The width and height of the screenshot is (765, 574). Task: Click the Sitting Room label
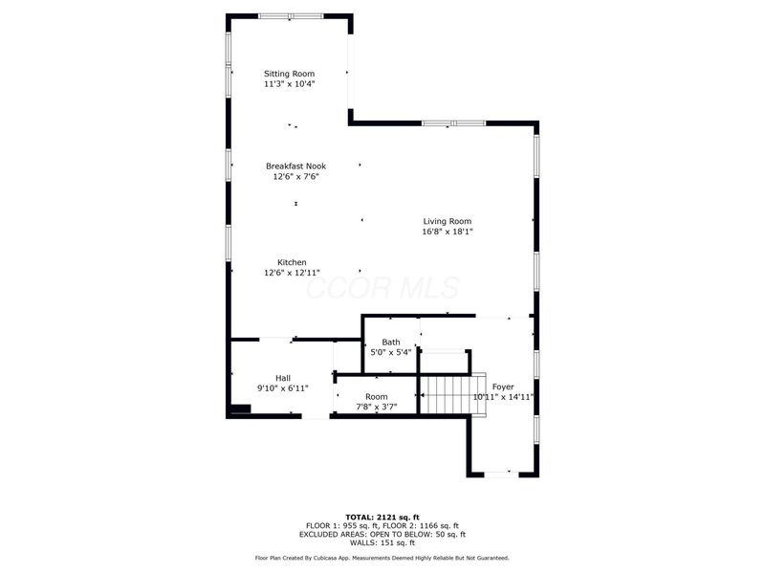[x=289, y=74]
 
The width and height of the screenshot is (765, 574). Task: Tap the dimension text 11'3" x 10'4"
[x=289, y=84]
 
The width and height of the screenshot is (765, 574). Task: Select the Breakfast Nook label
[x=295, y=166]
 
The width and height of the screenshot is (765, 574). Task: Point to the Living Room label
[x=448, y=222]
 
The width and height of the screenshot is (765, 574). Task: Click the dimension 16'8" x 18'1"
[x=448, y=232]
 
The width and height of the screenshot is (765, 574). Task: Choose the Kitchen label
[x=292, y=262]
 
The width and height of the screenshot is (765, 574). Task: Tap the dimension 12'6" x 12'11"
[x=292, y=273]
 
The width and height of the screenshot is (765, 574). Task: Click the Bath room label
[x=391, y=342]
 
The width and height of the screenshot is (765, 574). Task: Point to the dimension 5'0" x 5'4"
[x=391, y=353]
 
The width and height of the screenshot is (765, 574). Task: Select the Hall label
[x=283, y=378]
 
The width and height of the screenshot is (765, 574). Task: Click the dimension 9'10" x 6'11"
[x=283, y=388]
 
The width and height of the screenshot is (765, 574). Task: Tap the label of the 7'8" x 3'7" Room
[x=376, y=397]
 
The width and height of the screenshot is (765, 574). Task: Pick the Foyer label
[x=503, y=386]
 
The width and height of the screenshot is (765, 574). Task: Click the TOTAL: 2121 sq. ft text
[x=382, y=517]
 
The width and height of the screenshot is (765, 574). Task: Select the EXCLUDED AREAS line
[x=382, y=534]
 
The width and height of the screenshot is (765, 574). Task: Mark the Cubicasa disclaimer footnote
[x=382, y=558]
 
